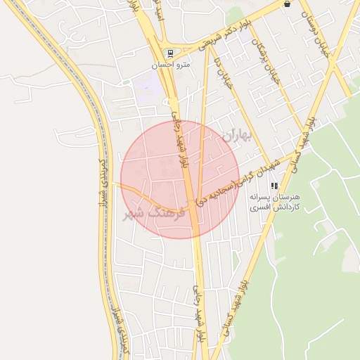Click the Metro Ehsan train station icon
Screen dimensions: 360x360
pos(169,53)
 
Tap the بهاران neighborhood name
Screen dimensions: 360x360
pos(235,136)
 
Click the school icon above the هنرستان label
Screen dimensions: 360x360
pos(274,186)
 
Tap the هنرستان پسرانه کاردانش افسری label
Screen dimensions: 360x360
pos(275,202)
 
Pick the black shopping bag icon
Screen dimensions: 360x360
pos(287,4)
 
